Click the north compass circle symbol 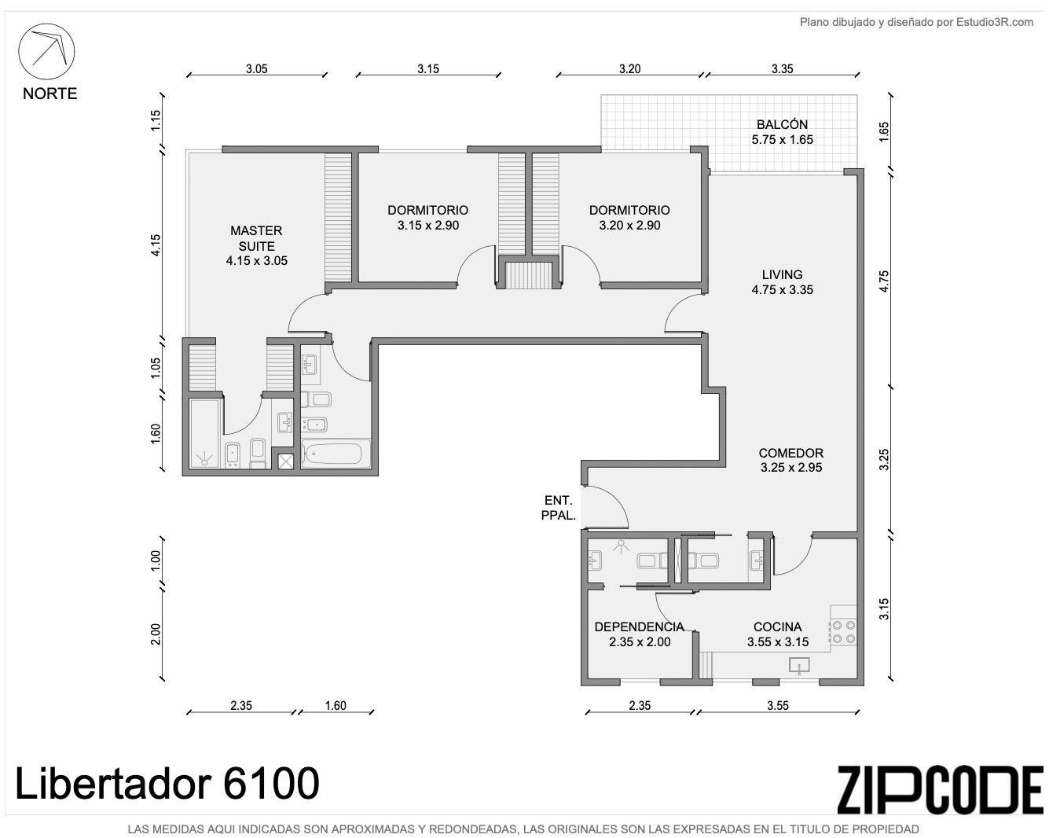(x=46, y=25)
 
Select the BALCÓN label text (x=782, y=124)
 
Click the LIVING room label (x=782, y=274)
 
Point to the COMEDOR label (x=791, y=453)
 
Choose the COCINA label (x=777, y=627)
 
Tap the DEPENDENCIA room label (x=639, y=627)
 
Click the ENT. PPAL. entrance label (x=559, y=508)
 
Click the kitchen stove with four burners (x=844, y=632)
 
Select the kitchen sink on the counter (x=799, y=665)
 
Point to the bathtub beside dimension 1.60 (x=332, y=453)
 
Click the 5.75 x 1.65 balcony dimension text (x=782, y=139)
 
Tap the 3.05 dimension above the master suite (x=256, y=68)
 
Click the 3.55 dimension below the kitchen (x=777, y=705)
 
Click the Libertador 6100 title (x=167, y=784)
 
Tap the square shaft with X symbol (x=285, y=461)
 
